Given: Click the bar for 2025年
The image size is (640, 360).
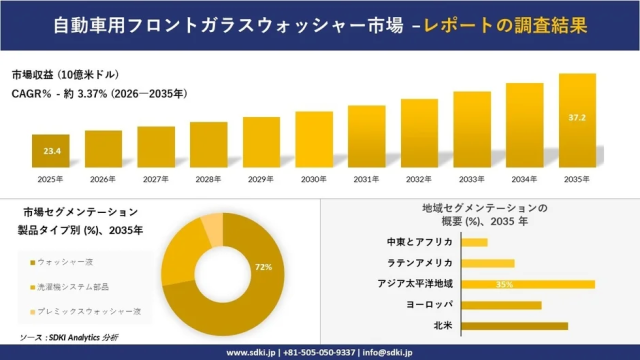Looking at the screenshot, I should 51,151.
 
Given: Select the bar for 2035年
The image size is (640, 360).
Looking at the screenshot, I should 577,120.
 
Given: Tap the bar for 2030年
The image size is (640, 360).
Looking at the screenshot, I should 314,139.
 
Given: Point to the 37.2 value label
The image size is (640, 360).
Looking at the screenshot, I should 577,117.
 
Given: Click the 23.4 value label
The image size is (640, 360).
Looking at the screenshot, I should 51,151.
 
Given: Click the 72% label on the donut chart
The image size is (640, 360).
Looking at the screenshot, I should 264,268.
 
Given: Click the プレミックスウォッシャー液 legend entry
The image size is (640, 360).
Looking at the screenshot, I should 84,311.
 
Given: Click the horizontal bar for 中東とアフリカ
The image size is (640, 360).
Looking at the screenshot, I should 475,242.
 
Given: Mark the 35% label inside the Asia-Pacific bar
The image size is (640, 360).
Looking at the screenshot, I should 504,284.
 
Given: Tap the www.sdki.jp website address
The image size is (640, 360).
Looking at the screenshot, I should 256,352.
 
